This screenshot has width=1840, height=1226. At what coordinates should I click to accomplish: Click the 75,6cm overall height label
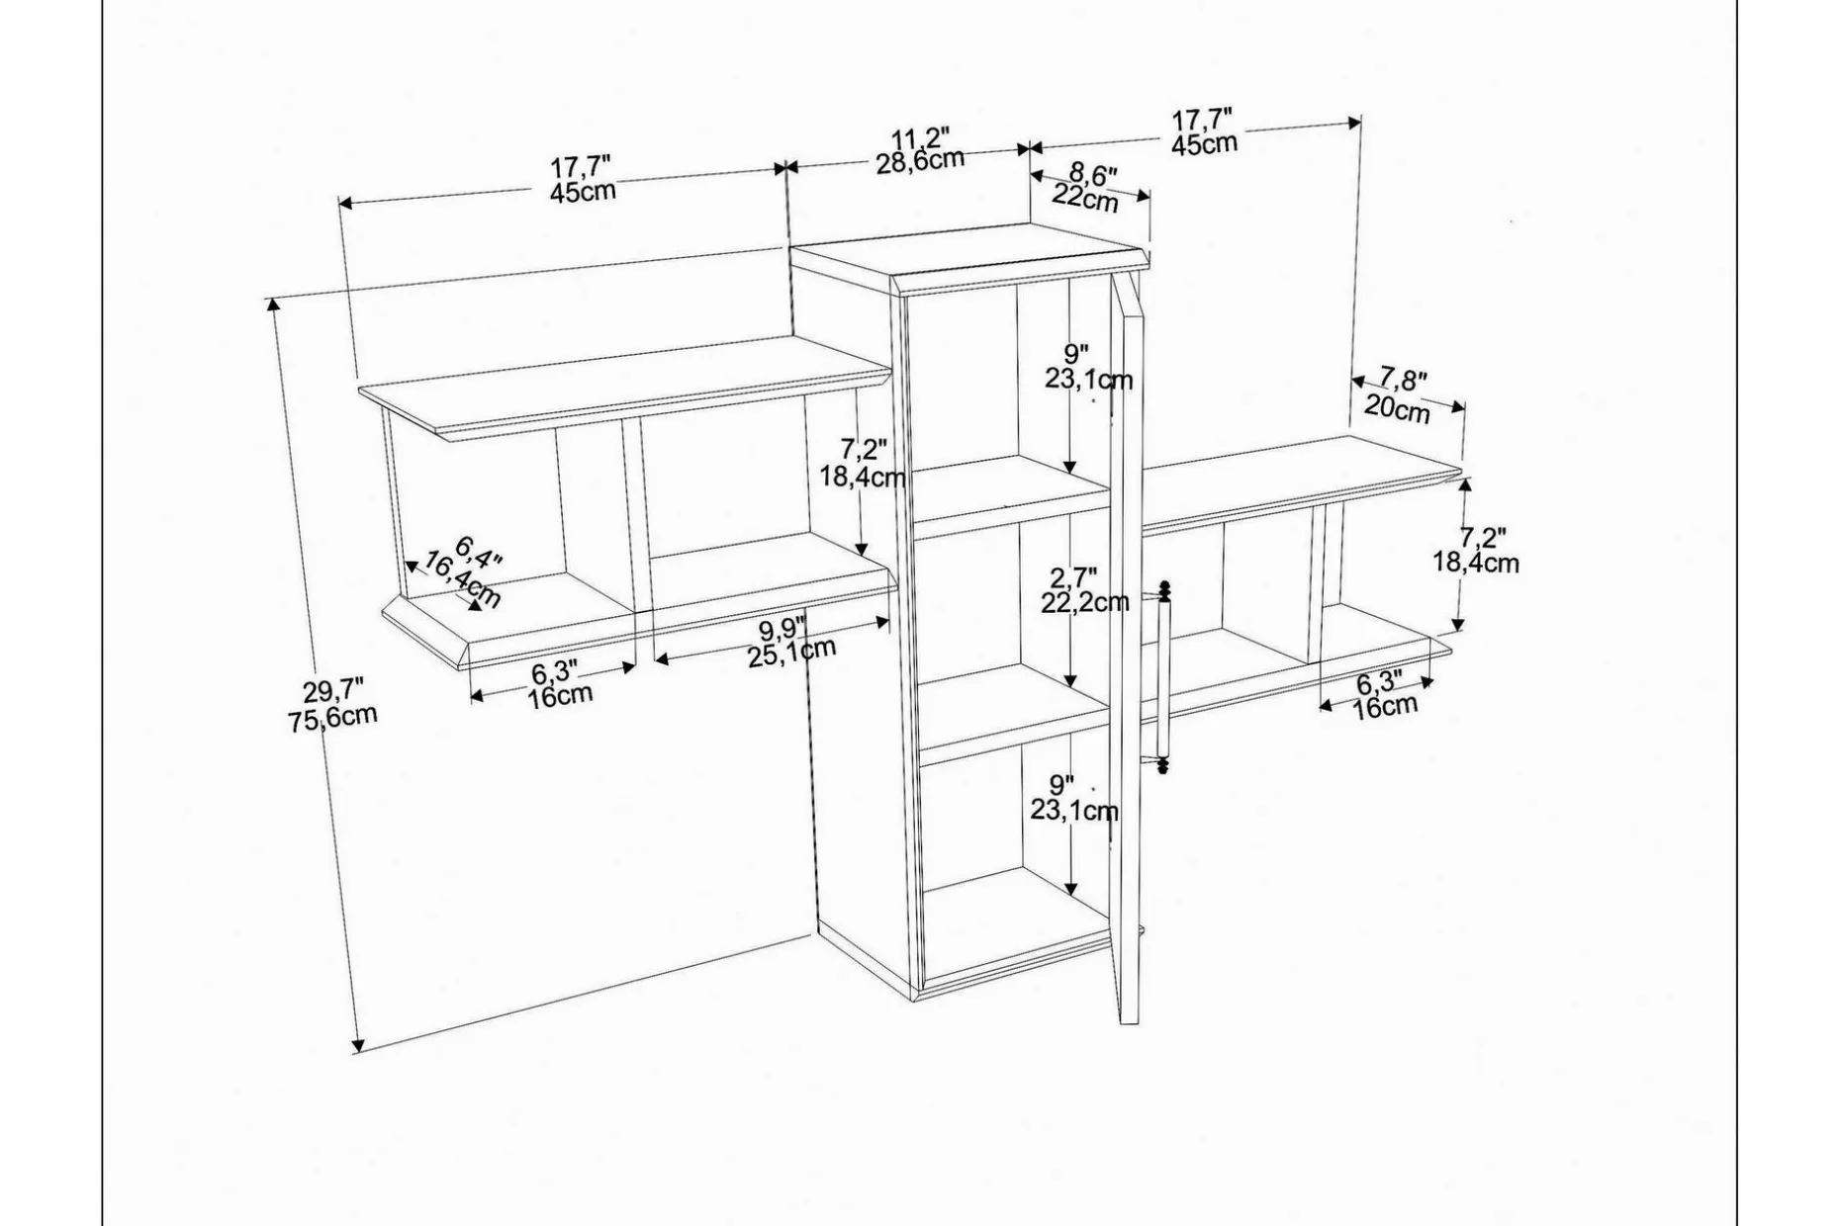tap(333, 717)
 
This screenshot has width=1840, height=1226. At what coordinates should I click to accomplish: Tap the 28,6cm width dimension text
tap(920, 160)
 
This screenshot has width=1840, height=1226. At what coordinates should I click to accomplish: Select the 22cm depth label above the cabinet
tap(1085, 198)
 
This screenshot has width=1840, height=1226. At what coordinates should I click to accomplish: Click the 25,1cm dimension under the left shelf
tap(791, 653)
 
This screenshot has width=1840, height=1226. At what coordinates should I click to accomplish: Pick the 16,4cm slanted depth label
tap(463, 580)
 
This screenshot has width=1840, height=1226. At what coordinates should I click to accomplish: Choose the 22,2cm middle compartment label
tap(1085, 602)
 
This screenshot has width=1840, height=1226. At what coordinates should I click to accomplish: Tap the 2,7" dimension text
tap(1073, 577)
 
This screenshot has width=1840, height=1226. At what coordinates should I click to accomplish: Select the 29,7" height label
tap(333, 689)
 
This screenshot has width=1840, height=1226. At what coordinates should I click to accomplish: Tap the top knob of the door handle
tap(1164, 590)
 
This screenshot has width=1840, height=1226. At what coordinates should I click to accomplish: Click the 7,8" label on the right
tap(1404, 379)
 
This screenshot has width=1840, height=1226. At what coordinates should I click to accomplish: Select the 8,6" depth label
tap(1093, 175)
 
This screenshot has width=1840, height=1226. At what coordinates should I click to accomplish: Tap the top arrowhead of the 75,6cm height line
tap(274, 305)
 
